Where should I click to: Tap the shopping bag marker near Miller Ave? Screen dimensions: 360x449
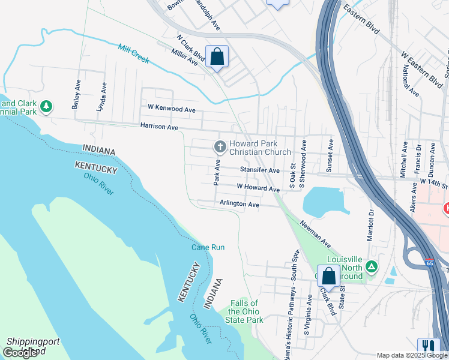(x=217, y=57)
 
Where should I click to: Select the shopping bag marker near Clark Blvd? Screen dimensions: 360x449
(x=328, y=276)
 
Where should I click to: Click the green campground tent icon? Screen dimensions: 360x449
(x=372, y=266)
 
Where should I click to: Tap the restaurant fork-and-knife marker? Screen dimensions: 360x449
(x=429, y=346)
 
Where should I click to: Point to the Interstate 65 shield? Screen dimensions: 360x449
(x=429, y=263)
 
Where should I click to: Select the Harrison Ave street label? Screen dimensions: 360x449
(x=159, y=127)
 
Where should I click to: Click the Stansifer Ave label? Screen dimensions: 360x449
(x=260, y=170)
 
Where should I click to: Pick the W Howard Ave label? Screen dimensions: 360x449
(x=258, y=188)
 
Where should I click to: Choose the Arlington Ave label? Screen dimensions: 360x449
(x=239, y=204)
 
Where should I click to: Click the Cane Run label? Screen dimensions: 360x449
(x=208, y=247)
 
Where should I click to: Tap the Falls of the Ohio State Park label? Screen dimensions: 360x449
(x=247, y=311)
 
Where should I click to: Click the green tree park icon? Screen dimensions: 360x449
(x=46, y=107)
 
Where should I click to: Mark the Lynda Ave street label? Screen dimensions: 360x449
(x=100, y=97)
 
